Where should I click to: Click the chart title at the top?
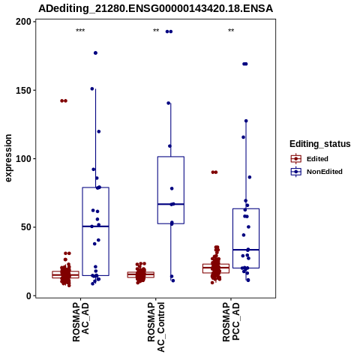(x=155, y=9)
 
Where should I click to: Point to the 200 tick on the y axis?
(x=24, y=22)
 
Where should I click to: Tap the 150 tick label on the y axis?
(x=24, y=90)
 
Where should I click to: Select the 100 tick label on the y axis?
(x=24, y=159)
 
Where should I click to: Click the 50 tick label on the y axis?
(x=26, y=227)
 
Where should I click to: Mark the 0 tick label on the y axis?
(x=29, y=295)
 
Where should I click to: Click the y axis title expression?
(x=8, y=158)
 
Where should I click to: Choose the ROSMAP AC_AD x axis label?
(x=80, y=322)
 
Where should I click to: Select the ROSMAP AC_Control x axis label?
(x=156, y=327)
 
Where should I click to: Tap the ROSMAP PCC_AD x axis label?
(x=231, y=322)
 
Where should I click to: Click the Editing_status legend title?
(x=320, y=144)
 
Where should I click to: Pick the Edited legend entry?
(x=309, y=159)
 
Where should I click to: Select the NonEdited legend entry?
(x=316, y=172)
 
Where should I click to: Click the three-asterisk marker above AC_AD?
(x=80, y=31)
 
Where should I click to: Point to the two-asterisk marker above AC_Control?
(x=156, y=31)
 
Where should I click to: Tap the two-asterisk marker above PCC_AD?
(x=231, y=31)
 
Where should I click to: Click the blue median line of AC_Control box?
(x=171, y=204)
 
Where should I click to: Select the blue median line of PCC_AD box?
(x=246, y=250)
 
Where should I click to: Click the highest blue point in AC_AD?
(x=95, y=53)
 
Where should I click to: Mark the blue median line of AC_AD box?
(x=95, y=226)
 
